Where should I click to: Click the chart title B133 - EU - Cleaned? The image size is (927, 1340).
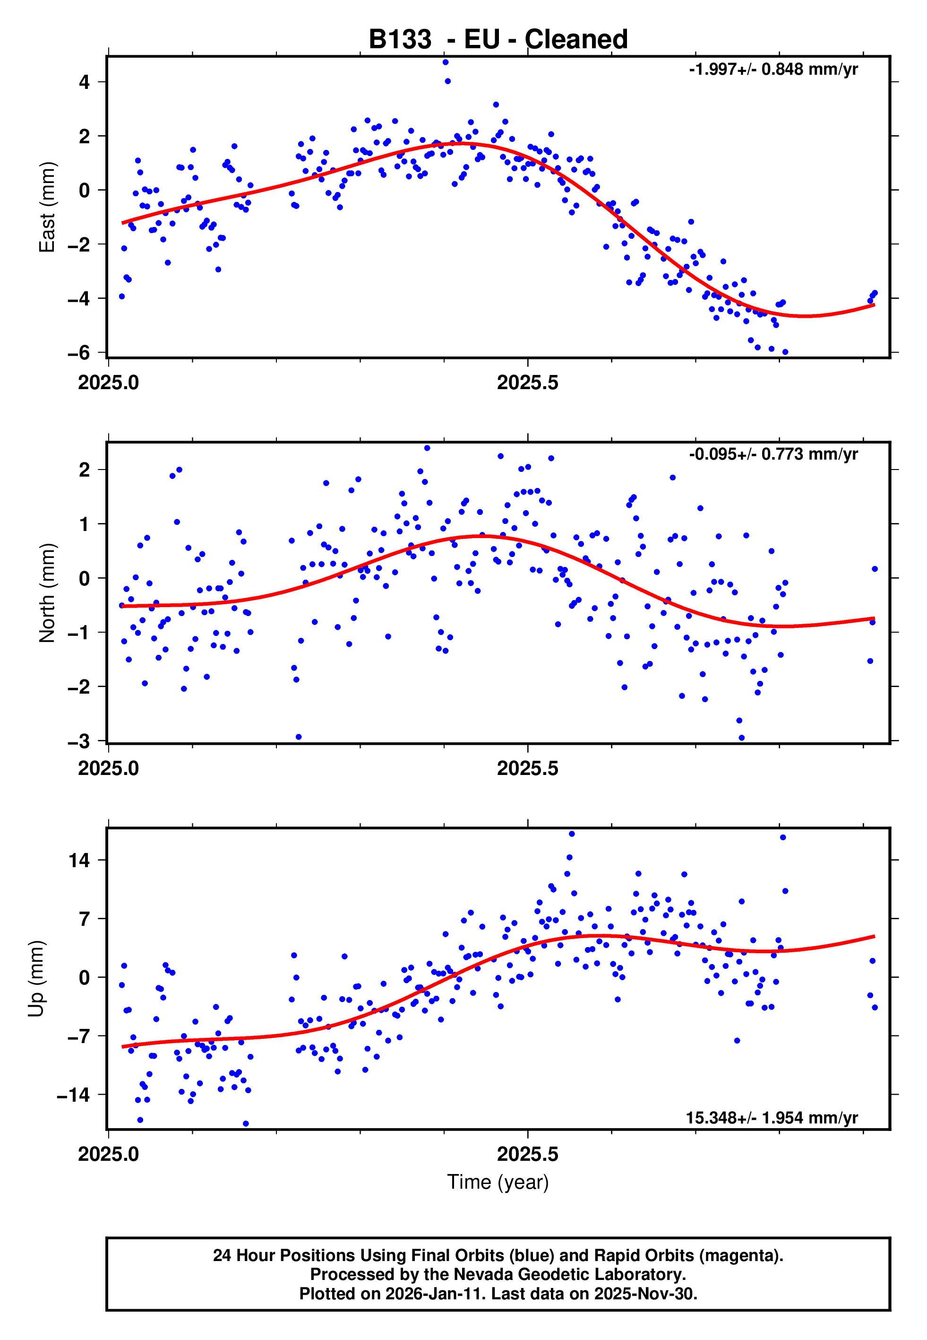[x=498, y=40]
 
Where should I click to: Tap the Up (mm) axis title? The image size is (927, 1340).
[x=36, y=979]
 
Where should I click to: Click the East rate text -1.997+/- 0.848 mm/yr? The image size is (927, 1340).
[x=773, y=70]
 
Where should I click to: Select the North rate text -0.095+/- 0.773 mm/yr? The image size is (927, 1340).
[x=773, y=454]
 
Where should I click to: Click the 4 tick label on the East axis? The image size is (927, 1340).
[x=85, y=82]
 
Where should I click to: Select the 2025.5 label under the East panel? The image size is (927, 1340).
[x=527, y=383]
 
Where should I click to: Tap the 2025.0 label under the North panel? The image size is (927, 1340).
[x=109, y=768]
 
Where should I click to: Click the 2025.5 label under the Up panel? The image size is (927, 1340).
[x=527, y=1154]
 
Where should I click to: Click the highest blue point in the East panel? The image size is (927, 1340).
[x=446, y=62]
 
